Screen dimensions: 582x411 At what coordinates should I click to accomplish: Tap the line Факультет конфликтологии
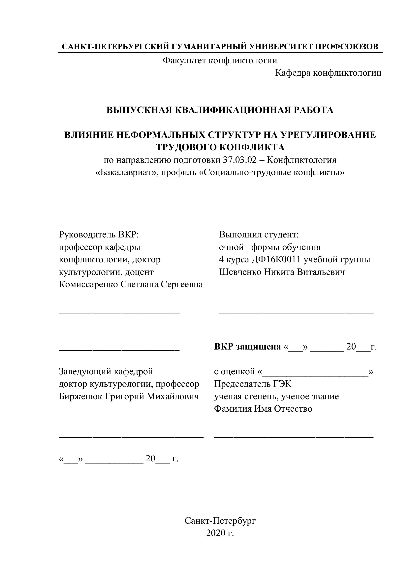point(220,60)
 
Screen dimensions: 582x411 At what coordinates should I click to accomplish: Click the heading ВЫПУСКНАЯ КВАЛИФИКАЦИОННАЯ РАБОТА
point(220,110)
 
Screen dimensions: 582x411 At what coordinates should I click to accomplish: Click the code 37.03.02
point(240,160)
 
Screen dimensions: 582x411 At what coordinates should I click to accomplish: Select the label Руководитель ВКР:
point(99,234)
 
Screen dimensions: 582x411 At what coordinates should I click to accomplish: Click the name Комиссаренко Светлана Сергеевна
point(131,284)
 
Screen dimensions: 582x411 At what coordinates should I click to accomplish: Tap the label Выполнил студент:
point(259,234)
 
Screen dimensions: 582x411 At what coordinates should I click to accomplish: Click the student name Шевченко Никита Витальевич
point(282,272)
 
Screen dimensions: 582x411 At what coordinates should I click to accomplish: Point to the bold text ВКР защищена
point(247,347)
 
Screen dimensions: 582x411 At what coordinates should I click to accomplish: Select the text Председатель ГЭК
point(253,384)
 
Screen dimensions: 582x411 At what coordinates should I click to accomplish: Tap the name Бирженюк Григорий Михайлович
point(129,396)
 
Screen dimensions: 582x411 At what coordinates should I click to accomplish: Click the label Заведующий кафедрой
point(106,371)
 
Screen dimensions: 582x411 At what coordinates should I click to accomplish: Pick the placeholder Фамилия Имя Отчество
point(263,409)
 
